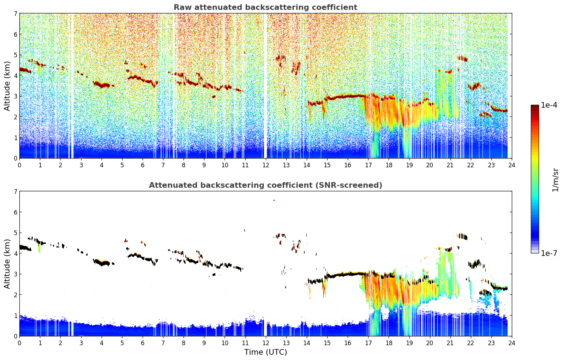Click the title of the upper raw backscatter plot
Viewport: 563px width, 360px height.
(x=265, y=7)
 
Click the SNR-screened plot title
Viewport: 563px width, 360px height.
(x=265, y=185)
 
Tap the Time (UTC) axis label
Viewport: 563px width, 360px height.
(x=265, y=352)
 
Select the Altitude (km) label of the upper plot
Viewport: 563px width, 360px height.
(x=7, y=86)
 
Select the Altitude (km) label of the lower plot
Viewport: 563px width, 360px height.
(x=7, y=264)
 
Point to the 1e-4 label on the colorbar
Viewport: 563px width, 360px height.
(x=549, y=105)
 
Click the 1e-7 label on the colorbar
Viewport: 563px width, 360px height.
(x=549, y=253)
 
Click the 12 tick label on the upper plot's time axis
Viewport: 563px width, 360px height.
(x=266, y=165)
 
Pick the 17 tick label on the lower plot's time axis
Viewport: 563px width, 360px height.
(x=368, y=343)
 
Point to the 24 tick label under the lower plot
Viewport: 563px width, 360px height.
(x=512, y=343)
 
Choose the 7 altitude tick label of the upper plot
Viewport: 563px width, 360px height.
(x=16, y=13)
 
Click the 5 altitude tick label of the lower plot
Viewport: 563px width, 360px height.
(x=16, y=233)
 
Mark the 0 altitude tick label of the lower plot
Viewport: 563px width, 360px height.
(x=16, y=336)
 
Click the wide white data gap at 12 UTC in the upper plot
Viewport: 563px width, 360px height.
(x=265, y=86)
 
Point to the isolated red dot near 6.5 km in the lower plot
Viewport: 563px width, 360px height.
(x=274, y=200)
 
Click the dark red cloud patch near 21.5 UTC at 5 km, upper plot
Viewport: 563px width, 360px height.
(x=462, y=59)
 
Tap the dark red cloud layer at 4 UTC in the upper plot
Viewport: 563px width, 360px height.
(x=102, y=84)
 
